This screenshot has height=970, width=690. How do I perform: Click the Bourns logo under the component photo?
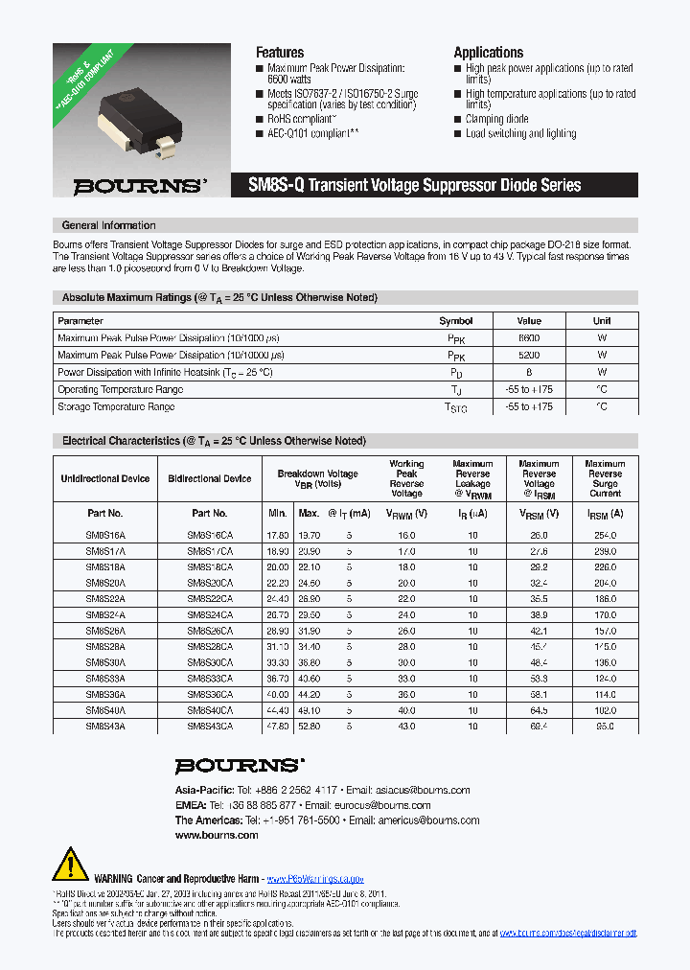click(x=140, y=186)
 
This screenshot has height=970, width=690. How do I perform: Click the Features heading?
click(x=280, y=53)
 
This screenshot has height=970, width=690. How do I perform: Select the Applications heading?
click(x=488, y=53)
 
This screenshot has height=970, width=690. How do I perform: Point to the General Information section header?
click(x=108, y=225)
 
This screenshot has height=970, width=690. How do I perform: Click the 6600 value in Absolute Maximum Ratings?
click(x=529, y=338)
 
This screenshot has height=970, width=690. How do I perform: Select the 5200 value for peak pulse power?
click(x=529, y=356)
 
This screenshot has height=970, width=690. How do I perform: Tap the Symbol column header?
click(x=455, y=321)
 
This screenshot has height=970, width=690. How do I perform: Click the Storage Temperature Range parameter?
click(x=116, y=407)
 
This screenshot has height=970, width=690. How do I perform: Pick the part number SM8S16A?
click(x=104, y=538)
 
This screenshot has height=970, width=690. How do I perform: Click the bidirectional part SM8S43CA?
click(x=209, y=727)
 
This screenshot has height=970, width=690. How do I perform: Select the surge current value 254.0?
click(x=605, y=538)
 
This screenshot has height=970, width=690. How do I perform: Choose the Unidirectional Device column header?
click(x=104, y=478)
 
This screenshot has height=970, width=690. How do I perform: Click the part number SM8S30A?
click(x=104, y=662)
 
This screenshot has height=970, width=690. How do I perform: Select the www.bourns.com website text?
click(x=217, y=836)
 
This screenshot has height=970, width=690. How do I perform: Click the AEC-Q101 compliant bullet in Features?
click(x=312, y=134)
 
